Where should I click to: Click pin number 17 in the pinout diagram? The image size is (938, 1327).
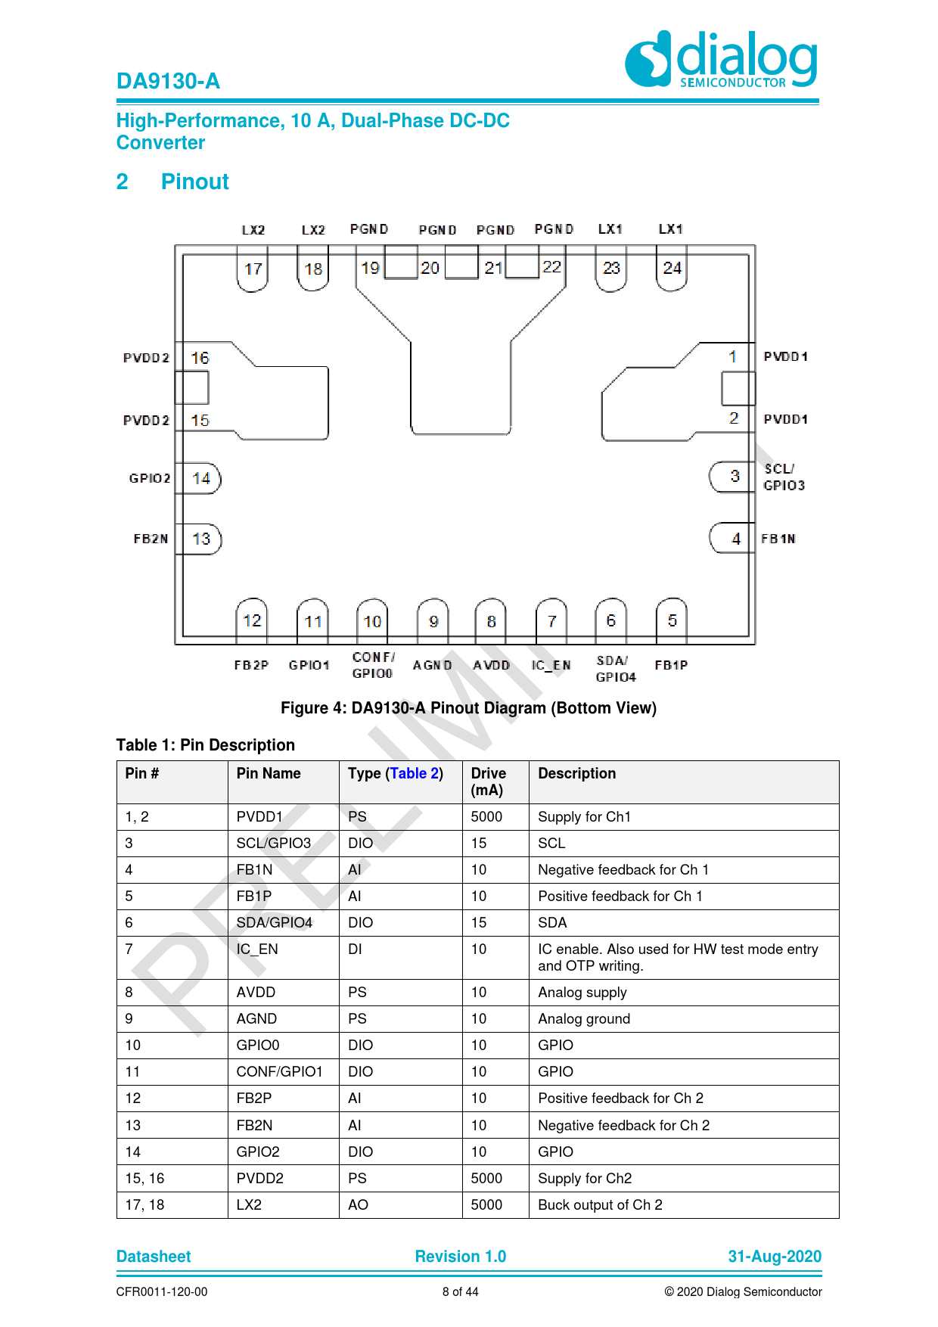(253, 269)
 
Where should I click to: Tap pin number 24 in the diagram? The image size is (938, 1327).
(672, 268)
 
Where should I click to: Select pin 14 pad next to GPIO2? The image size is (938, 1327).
(201, 478)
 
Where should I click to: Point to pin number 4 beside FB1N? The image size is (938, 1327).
(735, 539)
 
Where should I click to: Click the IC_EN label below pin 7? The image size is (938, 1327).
(551, 665)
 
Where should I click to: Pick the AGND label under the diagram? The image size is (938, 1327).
(432, 665)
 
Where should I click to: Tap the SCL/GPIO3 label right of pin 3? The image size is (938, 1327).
(784, 477)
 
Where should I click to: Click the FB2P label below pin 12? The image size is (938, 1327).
(251, 665)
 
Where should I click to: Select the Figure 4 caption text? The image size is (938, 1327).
(468, 708)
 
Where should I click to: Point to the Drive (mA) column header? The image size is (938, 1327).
(488, 782)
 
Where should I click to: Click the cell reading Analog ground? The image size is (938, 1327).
(583, 1018)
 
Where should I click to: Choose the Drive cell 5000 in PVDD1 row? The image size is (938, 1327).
(486, 816)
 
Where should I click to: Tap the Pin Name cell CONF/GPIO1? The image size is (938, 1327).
(279, 1071)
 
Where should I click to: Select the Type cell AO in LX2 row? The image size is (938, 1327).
(358, 1204)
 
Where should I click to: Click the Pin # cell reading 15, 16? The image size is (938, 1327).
(144, 1178)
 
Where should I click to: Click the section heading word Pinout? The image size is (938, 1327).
(194, 182)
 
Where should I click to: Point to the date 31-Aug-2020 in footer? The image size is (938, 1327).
(774, 1257)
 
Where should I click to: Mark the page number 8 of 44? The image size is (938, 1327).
(460, 1291)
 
